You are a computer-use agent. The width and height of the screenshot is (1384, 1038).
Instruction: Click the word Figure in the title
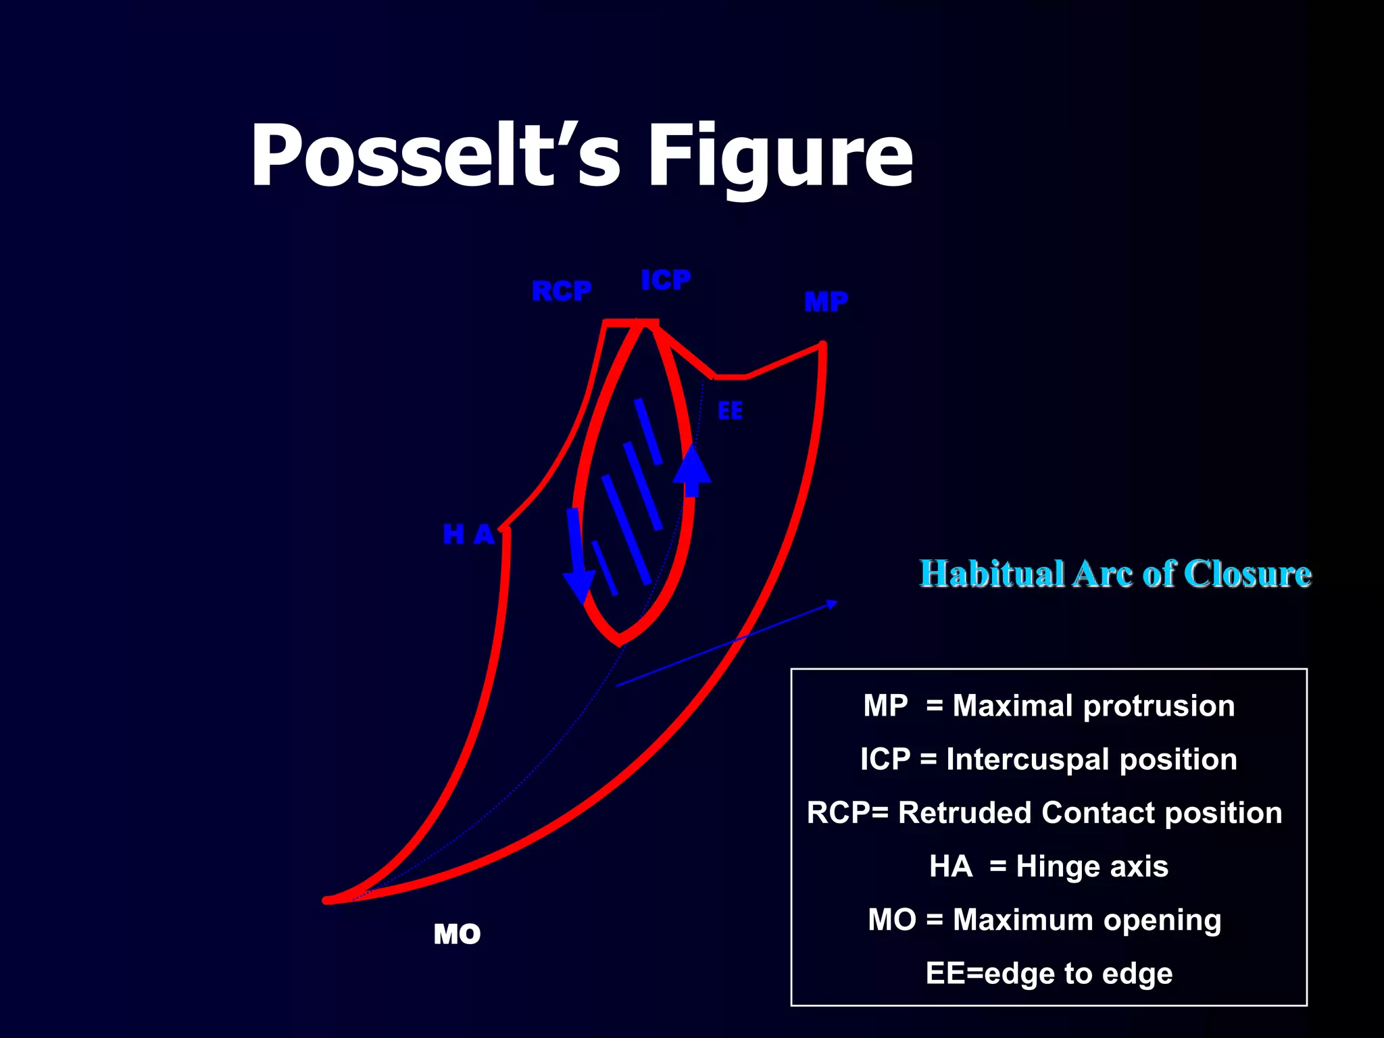point(781,159)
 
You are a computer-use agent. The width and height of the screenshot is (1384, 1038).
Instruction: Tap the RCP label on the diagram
point(562,291)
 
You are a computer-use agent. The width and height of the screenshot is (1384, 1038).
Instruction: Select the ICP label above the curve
point(666,280)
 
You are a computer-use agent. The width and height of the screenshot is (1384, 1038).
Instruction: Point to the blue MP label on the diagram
point(826,301)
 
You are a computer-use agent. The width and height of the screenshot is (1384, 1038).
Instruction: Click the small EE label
point(730,411)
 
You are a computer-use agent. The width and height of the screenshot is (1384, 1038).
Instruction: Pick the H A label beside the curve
point(468,535)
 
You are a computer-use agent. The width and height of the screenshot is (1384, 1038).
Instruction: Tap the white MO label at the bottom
point(457,935)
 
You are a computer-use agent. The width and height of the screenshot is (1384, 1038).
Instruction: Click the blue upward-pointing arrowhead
point(692,465)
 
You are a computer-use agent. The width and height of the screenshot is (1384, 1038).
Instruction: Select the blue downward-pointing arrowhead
point(579,585)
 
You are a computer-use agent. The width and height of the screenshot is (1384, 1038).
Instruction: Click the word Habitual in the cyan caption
point(991,574)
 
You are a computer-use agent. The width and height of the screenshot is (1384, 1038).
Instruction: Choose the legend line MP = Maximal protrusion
point(1049,706)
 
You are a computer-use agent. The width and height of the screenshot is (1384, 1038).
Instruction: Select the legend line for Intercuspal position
point(1049,760)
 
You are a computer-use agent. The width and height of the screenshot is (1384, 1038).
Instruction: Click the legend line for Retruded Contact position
point(1045,813)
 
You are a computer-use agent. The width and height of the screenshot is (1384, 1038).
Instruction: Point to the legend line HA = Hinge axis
point(1049,866)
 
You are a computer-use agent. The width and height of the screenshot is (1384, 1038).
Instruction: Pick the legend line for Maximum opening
point(1045,920)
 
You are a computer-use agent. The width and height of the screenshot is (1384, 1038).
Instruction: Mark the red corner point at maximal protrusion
point(822,345)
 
